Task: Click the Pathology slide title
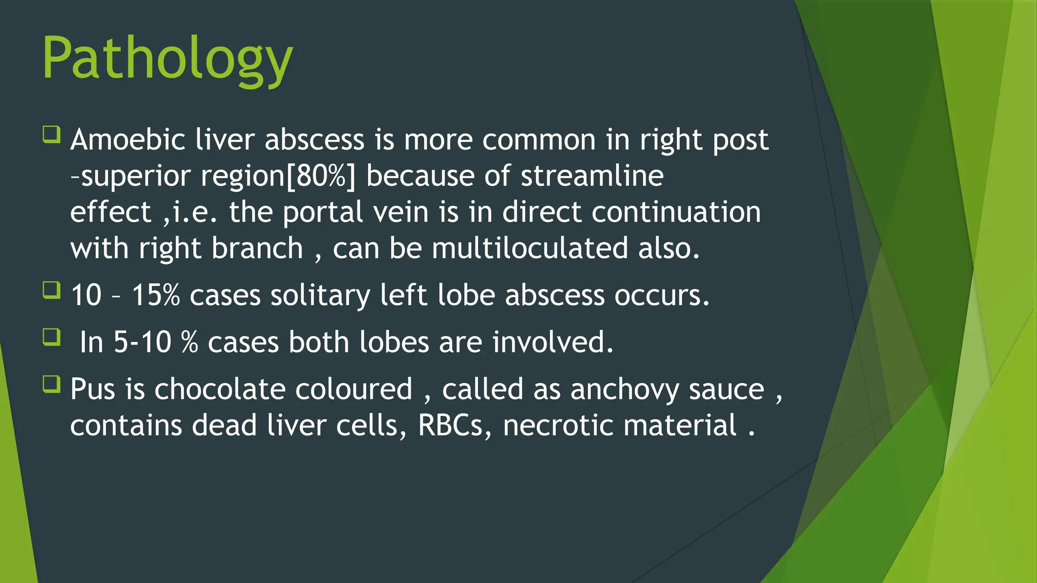tap(167, 60)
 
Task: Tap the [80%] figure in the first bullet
tap(321, 176)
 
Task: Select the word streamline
tap(592, 176)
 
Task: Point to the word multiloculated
tap(529, 248)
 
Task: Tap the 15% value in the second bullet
tap(155, 295)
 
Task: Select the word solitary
tap(320, 295)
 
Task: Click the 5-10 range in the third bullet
tap(142, 342)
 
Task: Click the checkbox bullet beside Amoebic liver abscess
tap(52, 135)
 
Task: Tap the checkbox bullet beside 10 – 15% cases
tap(52, 290)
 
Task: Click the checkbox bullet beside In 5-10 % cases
tap(52, 337)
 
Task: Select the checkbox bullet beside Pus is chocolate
tap(52, 384)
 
